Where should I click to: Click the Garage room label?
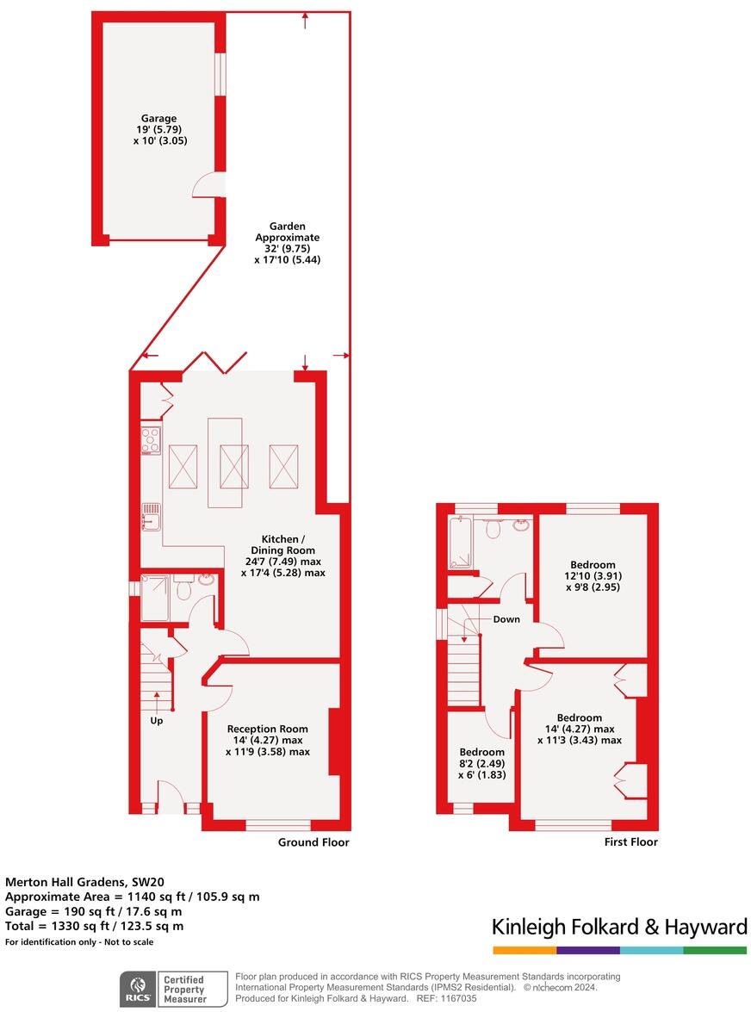coord(159,118)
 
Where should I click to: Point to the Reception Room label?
coord(267,730)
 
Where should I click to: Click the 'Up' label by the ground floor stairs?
coord(157,721)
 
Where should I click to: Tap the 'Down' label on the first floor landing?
coord(506,619)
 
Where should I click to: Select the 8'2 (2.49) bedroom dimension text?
coord(481,762)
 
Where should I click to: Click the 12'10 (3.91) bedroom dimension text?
coord(591,576)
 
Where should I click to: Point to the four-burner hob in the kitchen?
coord(150,440)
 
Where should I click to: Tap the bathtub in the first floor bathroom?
coord(460,543)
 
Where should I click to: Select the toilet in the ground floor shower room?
coord(183,590)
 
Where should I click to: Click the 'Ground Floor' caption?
coord(313,842)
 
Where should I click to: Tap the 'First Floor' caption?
coord(631,842)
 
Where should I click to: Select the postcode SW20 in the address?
coord(146,881)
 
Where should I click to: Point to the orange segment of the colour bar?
coord(524,950)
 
